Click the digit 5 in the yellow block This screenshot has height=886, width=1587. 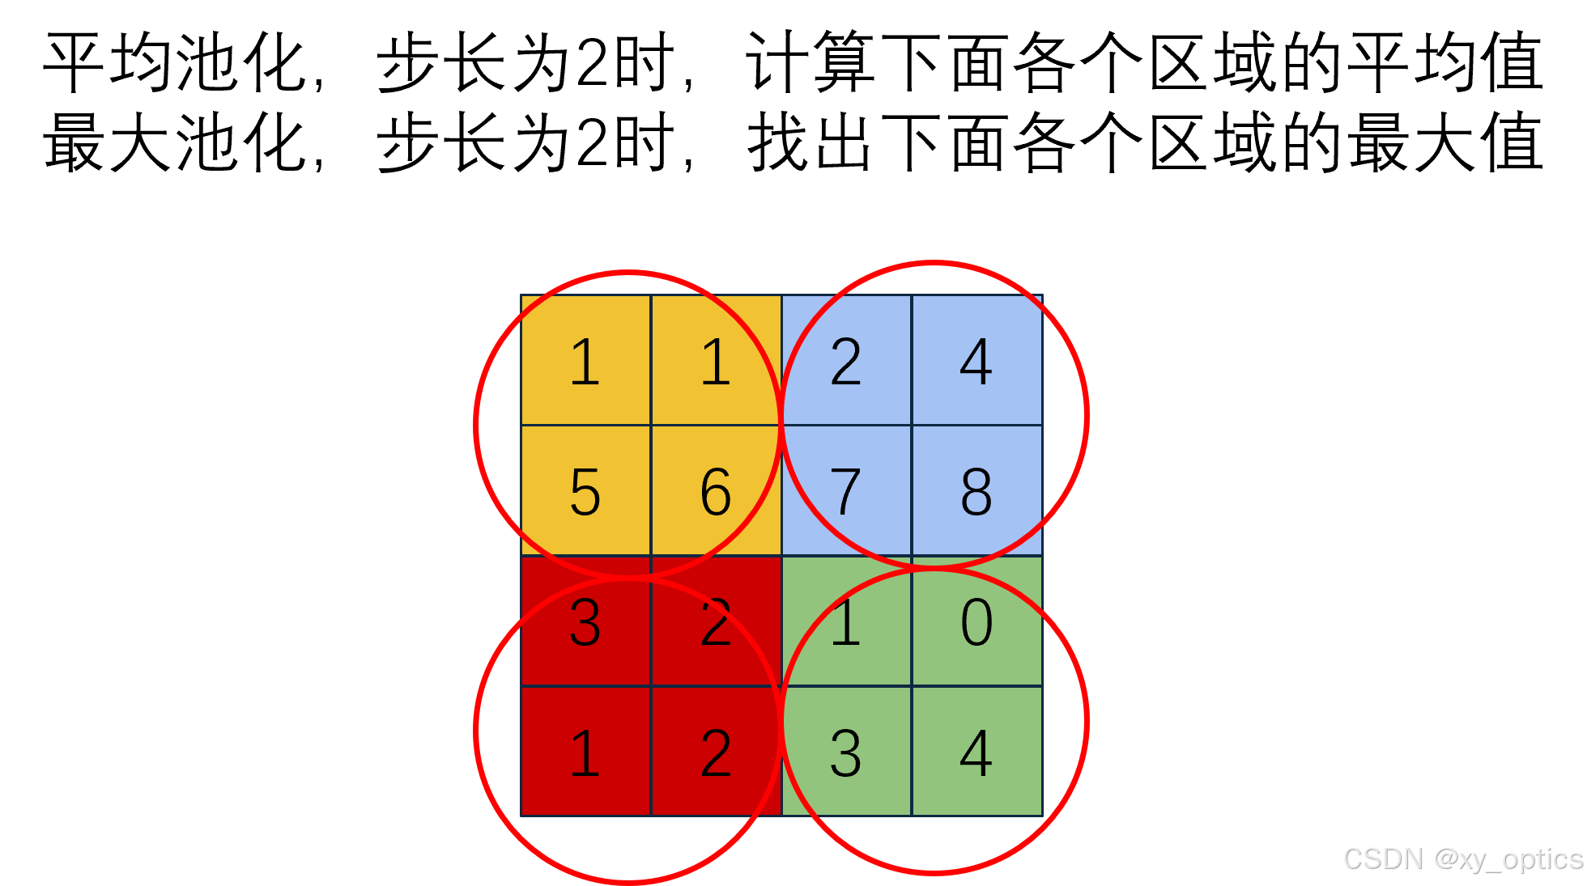pyautogui.click(x=585, y=491)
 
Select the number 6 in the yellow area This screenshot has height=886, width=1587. pyautogui.click(x=716, y=491)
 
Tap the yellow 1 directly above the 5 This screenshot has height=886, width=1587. pyautogui.click(x=585, y=362)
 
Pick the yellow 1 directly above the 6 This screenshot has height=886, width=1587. pyautogui.click(x=716, y=362)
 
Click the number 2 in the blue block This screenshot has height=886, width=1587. pyautogui.click(x=846, y=362)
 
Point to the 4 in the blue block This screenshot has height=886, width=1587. pyautogui.click(x=976, y=362)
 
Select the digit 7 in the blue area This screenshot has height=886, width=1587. pyautogui.click(x=846, y=491)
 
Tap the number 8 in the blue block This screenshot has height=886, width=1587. pyautogui.click(x=976, y=491)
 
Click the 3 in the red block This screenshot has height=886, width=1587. pyautogui.click(x=585, y=622)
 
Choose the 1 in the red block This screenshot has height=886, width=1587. pyautogui.click(x=585, y=753)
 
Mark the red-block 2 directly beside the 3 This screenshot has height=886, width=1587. pyautogui.click(x=716, y=622)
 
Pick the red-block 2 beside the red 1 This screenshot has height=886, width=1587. pyautogui.click(x=716, y=753)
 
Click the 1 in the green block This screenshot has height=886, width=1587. pyautogui.click(x=846, y=622)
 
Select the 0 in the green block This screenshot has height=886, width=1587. pyautogui.click(x=976, y=622)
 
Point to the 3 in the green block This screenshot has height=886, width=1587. pyautogui.click(x=846, y=753)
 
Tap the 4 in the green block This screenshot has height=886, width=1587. pyautogui.click(x=976, y=753)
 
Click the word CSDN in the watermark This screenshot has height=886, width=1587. pyautogui.click(x=1381, y=858)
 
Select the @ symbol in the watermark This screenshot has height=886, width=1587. pyautogui.click(x=1445, y=858)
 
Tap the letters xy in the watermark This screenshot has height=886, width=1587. pyautogui.click(x=1473, y=859)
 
